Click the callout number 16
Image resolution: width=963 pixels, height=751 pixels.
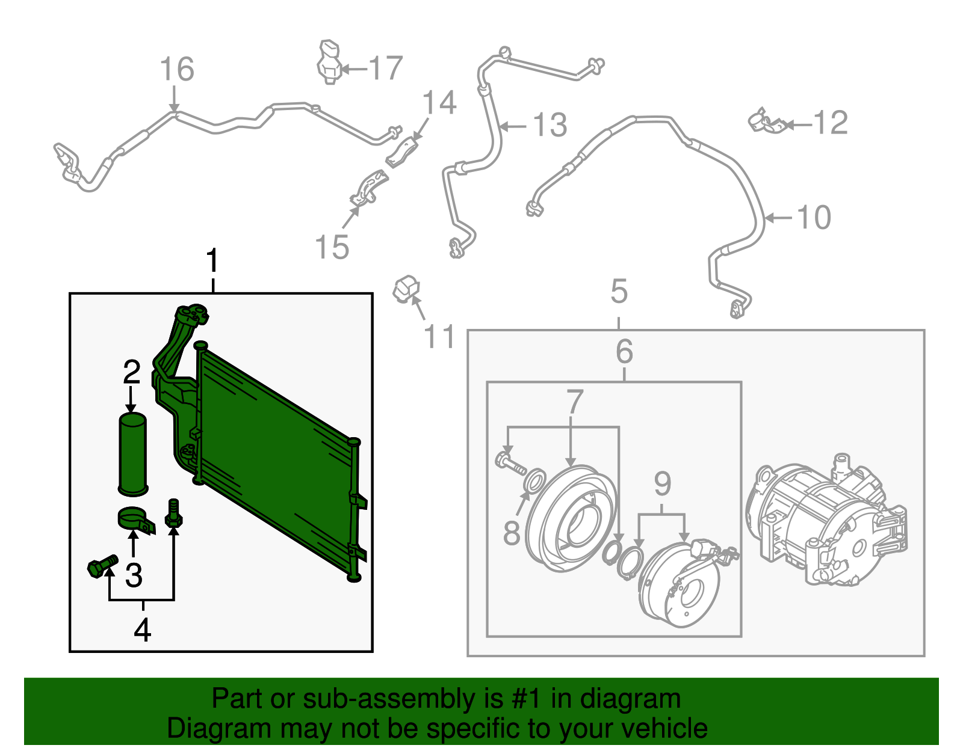click(x=177, y=69)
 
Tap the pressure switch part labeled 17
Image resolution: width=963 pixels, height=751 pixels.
click(x=329, y=63)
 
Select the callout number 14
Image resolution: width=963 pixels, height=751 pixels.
click(x=439, y=103)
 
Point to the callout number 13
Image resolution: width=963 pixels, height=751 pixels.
click(x=550, y=125)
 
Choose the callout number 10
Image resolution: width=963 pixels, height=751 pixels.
click(x=814, y=217)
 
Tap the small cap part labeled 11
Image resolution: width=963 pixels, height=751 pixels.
click(x=406, y=289)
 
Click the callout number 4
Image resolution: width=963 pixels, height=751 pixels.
click(x=143, y=630)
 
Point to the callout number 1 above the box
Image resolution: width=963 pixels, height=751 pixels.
click(x=212, y=262)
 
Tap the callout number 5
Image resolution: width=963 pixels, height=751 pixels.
click(x=619, y=292)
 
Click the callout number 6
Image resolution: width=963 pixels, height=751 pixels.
click(x=624, y=351)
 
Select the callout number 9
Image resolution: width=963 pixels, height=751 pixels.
click(x=662, y=483)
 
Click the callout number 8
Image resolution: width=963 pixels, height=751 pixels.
click(x=512, y=533)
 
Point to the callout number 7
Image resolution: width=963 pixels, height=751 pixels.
click(x=575, y=402)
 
